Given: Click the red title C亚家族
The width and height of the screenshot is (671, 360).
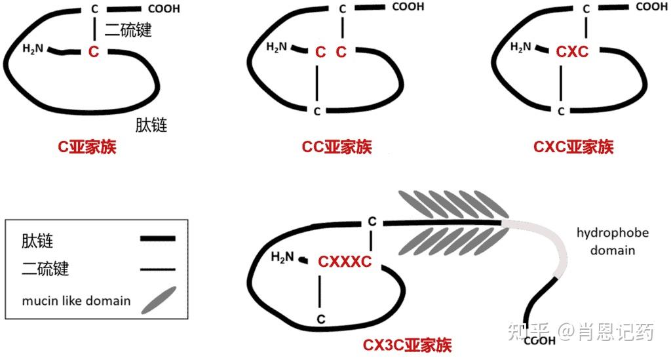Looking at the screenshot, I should click(86, 148).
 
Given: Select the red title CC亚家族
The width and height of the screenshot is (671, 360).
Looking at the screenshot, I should click(336, 148).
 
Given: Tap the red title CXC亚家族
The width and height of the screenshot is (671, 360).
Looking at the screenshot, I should click(573, 148).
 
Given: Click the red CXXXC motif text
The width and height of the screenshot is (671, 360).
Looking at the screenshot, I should click(345, 262).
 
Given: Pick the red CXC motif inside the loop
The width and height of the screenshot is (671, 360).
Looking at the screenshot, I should click(572, 51).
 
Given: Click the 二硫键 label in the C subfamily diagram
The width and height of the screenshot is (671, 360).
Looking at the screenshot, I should click(128, 30).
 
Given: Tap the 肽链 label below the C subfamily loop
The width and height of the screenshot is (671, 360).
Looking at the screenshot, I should click(151, 125).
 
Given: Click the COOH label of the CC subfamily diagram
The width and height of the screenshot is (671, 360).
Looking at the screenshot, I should click(408, 7).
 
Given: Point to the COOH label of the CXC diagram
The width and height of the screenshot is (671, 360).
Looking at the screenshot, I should click(651, 7).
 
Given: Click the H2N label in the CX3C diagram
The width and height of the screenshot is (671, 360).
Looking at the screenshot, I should click(282, 256).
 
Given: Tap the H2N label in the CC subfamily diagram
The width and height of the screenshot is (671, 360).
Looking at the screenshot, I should click(277, 47).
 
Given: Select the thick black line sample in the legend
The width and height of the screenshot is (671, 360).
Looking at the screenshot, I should click(158, 239).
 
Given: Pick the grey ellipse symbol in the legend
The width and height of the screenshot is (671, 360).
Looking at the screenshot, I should click(158, 300).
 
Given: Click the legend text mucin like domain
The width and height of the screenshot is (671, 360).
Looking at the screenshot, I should click(76, 302).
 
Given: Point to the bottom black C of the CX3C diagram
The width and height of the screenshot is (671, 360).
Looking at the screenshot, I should click(321, 319).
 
